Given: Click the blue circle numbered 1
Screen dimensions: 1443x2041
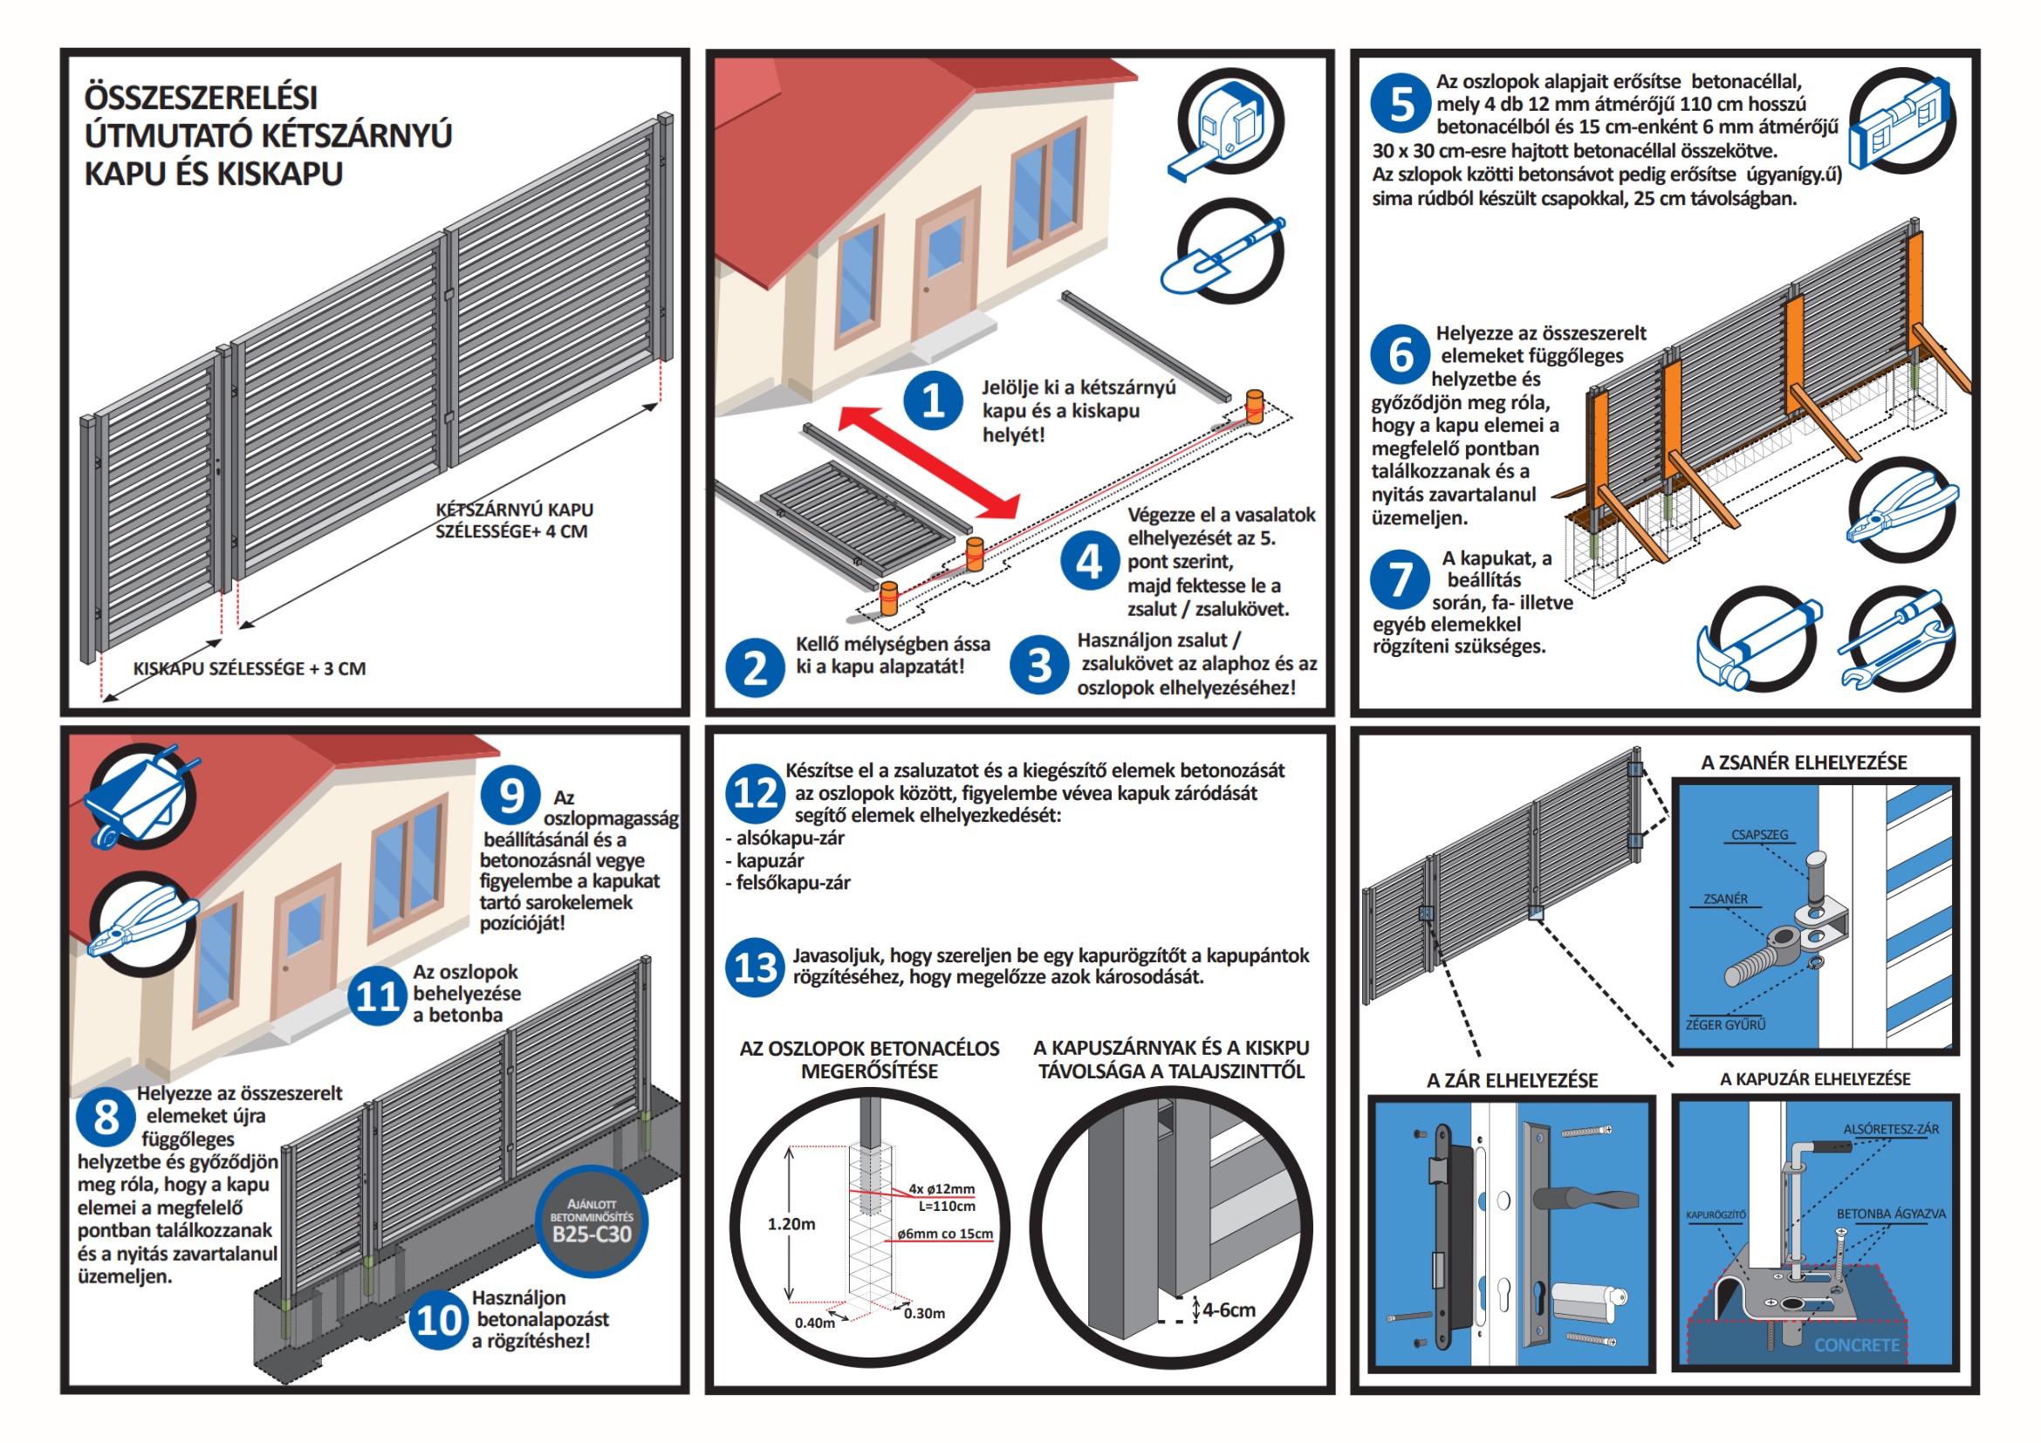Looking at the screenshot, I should [x=933, y=400].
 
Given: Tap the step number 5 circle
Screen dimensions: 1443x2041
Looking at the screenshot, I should [x=1400, y=103].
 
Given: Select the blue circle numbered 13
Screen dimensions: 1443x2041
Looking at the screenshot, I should [x=755, y=967].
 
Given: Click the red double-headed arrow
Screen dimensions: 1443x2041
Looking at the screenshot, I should [x=929, y=462].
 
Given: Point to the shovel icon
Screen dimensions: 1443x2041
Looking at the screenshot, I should [x=1226, y=252].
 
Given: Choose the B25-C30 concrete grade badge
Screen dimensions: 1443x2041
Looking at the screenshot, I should [x=591, y=1222].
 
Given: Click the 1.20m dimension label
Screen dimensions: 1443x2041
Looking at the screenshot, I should [x=791, y=1224].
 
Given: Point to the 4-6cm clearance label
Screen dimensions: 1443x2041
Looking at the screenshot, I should [x=1229, y=1310].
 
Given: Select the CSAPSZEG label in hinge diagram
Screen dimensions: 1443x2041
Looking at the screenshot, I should [x=1759, y=835].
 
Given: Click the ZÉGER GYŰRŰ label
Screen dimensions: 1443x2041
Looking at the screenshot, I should [x=1725, y=1024].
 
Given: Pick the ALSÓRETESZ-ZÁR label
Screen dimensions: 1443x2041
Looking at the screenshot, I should [x=1891, y=1129].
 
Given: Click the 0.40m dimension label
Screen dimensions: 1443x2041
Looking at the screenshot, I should [x=814, y=1323].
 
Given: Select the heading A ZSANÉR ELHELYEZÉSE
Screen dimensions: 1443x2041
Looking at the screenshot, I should [x=1804, y=763].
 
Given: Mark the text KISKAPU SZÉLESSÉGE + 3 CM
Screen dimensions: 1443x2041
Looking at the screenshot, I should [x=249, y=669].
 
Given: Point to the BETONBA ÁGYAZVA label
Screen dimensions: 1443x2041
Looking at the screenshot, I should [x=1891, y=1214].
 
